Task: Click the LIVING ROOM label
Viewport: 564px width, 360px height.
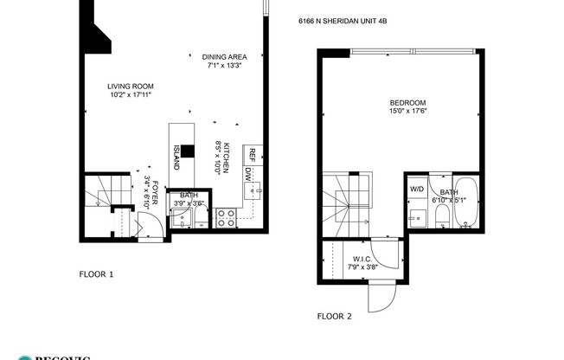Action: click(131, 86)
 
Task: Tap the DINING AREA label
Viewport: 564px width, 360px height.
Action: click(224, 57)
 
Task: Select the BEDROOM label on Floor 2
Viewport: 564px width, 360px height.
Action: click(407, 102)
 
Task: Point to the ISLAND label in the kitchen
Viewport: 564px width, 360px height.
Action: click(176, 156)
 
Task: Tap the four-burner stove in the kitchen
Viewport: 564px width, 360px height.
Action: click(226, 218)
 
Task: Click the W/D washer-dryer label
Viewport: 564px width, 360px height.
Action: click(416, 188)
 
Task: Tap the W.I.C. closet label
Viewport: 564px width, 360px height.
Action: click(362, 258)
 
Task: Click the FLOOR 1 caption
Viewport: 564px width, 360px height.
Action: click(96, 274)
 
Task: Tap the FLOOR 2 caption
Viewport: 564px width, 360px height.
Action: click(334, 316)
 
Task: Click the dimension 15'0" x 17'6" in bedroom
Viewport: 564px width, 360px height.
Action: click(407, 111)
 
